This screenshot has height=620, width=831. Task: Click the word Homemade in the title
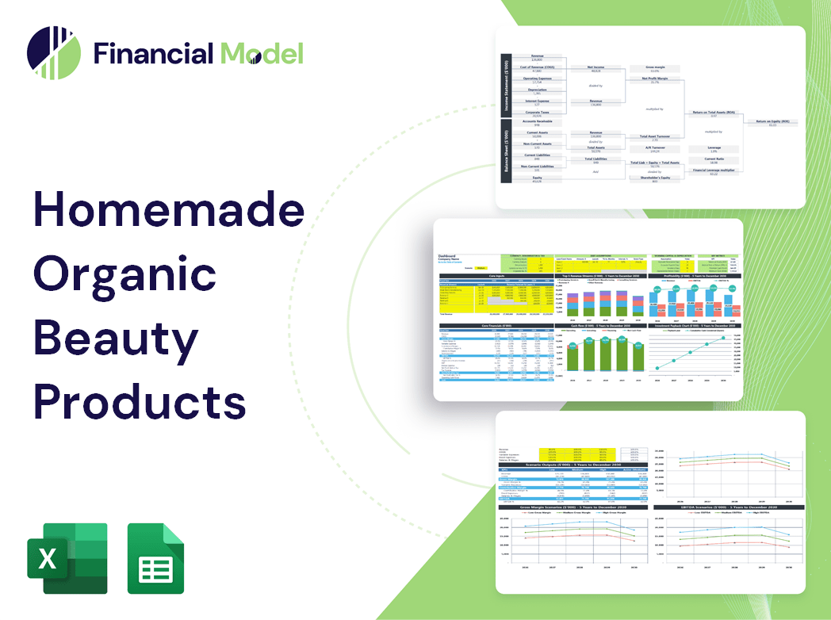pos(168,212)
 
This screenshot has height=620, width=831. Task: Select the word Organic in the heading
pos(124,274)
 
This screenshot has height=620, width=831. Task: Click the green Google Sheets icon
pos(155,559)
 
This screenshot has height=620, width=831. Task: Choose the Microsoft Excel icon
pos(67,559)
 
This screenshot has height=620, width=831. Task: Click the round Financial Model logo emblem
pos(53,53)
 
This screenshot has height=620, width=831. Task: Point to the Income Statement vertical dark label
pos(504,84)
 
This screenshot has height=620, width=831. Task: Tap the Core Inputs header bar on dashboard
pos(496,276)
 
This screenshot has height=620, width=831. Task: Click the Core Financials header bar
pos(496,325)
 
